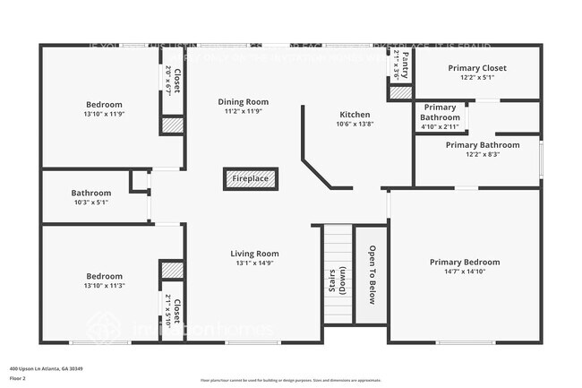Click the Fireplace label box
click(251, 179)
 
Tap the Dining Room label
click(244, 102)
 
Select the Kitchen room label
click(355, 115)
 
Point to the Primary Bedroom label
click(465, 262)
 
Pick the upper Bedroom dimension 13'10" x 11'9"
click(104, 115)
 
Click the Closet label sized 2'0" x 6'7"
click(172, 82)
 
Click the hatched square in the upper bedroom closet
click(171, 125)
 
